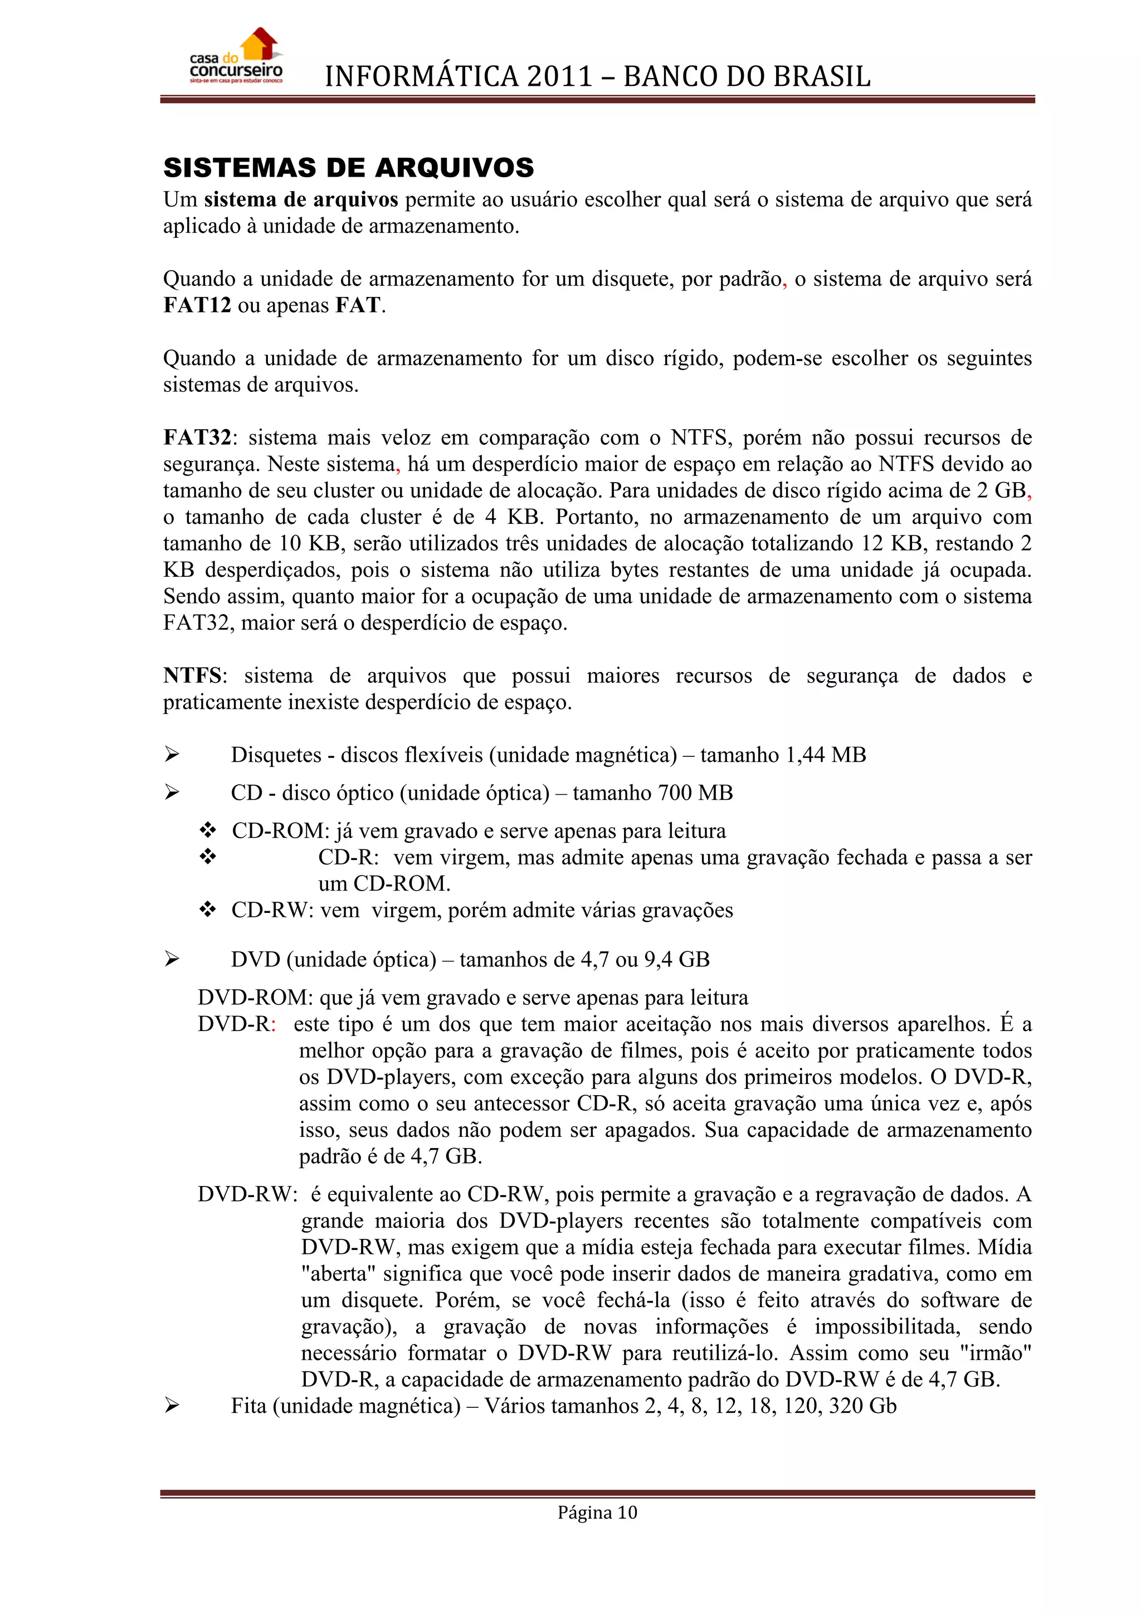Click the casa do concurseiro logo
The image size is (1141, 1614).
(236, 56)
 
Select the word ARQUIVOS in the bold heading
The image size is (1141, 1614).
(454, 168)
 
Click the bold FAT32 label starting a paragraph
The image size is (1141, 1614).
(197, 438)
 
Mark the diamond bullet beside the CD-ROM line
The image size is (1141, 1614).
(207, 831)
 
